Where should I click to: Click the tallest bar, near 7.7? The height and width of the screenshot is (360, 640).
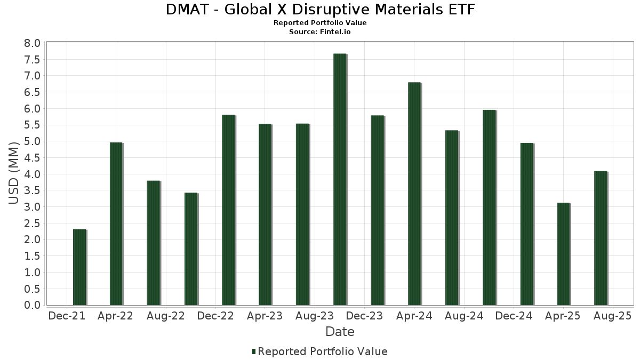(x=340, y=179)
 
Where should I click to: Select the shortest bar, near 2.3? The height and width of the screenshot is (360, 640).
(x=79, y=267)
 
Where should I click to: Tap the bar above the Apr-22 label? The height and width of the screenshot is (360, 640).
(x=116, y=224)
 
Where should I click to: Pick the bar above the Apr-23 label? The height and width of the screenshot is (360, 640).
(x=265, y=214)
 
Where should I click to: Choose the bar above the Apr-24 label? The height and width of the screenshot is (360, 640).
(x=414, y=194)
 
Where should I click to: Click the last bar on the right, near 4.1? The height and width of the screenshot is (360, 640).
(x=601, y=238)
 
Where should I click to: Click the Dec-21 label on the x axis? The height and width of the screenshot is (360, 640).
(x=67, y=316)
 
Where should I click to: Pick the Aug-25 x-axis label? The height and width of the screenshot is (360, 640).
(x=613, y=316)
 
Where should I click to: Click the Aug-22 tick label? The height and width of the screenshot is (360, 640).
(x=166, y=316)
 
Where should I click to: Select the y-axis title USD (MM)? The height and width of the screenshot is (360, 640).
(x=14, y=172)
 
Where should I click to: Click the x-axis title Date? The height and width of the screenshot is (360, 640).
(x=340, y=332)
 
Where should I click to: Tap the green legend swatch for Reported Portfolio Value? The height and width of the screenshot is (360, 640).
(x=254, y=351)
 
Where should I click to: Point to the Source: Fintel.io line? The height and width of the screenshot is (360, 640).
(x=320, y=31)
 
